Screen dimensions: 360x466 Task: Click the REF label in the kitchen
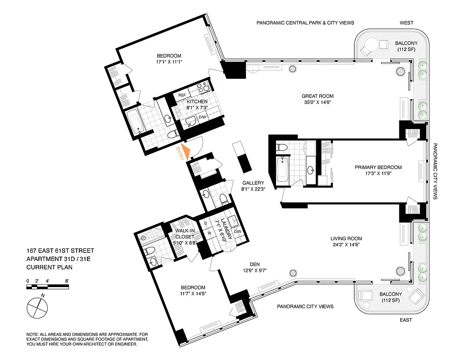(182, 95)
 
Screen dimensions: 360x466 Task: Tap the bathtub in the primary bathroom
(283, 170)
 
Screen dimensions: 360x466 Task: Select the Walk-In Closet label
(185, 234)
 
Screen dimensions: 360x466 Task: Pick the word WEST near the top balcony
(407, 22)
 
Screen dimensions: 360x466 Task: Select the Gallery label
(253, 183)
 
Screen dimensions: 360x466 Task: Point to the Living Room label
(346, 239)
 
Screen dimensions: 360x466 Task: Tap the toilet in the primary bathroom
(282, 148)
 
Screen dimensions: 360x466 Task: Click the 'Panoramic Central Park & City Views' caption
(305, 22)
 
